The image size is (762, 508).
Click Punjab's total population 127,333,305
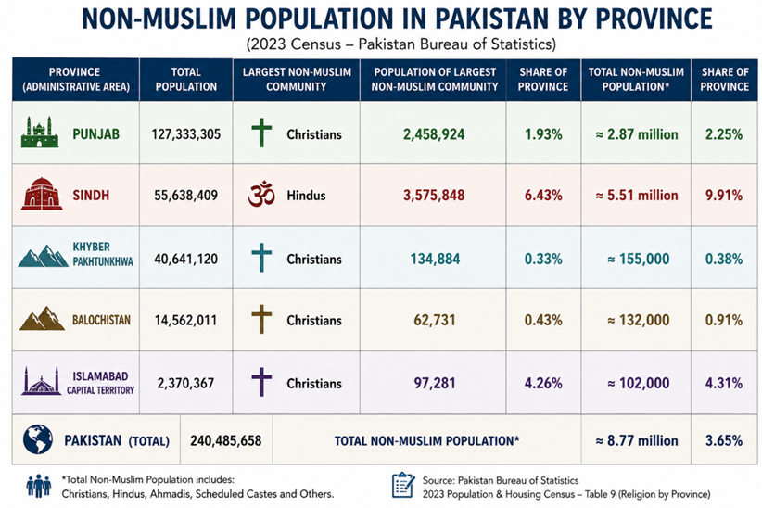coord(186,134)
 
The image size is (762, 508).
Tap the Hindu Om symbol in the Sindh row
coord(261,195)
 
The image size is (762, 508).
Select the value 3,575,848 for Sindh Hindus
coord(434,196)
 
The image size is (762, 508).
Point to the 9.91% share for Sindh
coord(724,196)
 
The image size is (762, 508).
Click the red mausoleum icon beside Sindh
coord(42,194)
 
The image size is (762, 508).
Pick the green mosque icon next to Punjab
coord(40,133)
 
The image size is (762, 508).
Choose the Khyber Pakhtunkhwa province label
coord(103,254)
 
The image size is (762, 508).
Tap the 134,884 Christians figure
coord(435,260)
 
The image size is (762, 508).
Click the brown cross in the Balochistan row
coord(261,320)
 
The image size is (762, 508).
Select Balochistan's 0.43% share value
coord(543,321)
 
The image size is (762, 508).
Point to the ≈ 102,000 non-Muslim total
coord(638,384)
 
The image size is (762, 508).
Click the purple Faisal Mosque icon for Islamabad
coord(42,381)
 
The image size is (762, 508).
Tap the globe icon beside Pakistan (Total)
coord(38,439)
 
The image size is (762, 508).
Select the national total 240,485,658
coord(226,441)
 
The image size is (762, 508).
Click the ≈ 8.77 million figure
coord(637,441)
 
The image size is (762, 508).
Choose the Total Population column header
coord(186,79)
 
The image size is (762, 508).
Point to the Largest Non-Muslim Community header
coord(297,79)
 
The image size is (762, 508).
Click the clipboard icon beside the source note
coord(403,485)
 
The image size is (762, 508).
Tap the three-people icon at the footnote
coord(39,486)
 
